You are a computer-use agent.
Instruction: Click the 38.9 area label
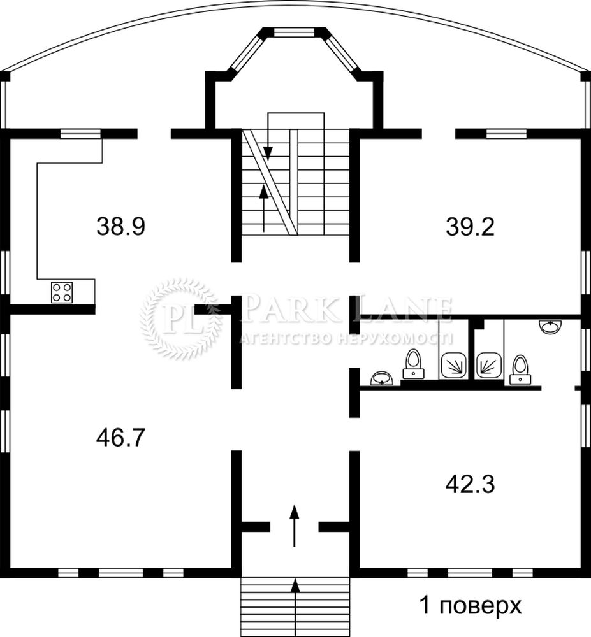[x=120, y=227]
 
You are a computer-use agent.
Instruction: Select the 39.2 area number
[x=470, y=227]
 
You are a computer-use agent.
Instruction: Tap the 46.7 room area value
[x=120, y=438]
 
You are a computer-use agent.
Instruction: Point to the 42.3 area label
[x=470, y=484]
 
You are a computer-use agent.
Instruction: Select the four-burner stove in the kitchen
[x=62, y=292]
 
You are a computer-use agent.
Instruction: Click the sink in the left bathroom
[x=382, y=378]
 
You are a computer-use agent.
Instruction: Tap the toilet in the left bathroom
[x=414, y=364]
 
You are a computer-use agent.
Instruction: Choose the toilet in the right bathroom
[x=520, y=370]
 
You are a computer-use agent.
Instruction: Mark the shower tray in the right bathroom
[x=490, y=365]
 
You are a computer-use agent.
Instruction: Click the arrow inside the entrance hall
[x=295, y=526]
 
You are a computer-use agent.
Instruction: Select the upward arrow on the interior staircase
[x=264, y=208]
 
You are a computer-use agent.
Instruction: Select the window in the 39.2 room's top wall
[x=506, y=133]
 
